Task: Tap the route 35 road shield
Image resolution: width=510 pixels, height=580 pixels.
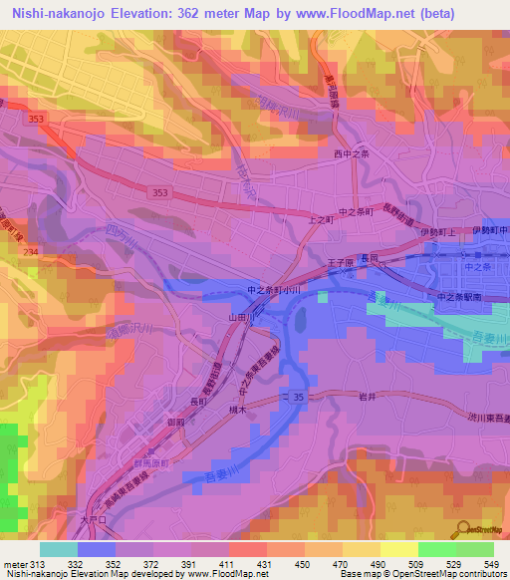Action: click(299, 397)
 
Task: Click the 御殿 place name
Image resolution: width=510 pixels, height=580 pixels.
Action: click(176, 423)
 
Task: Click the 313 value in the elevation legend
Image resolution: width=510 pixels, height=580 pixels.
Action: click(31, 564)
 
